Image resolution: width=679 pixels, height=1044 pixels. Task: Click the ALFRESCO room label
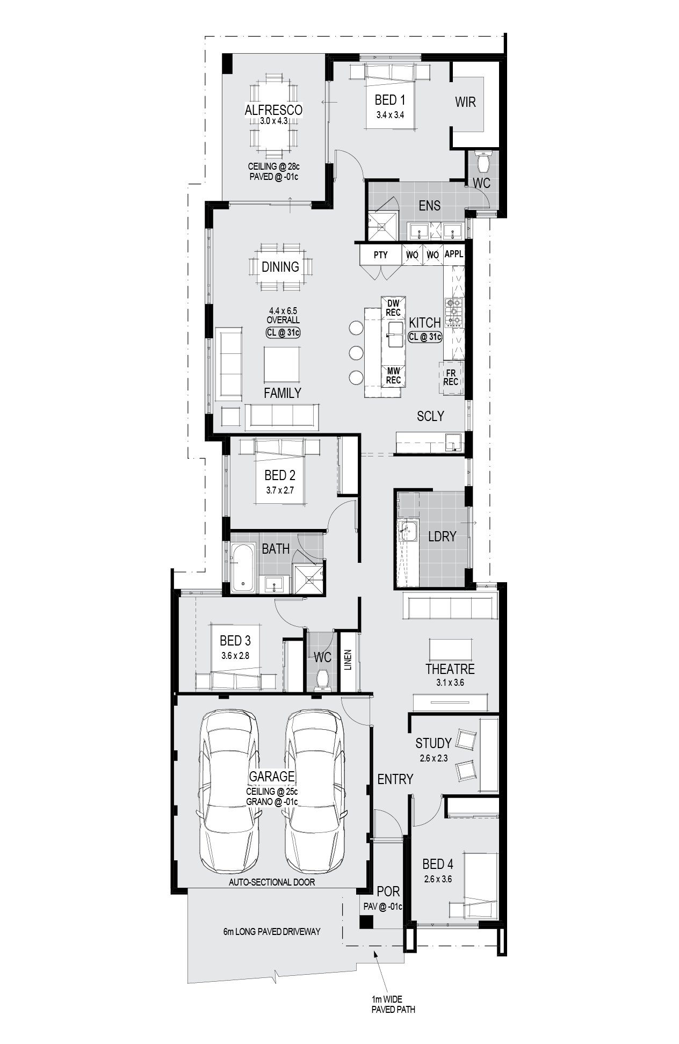[273, 110]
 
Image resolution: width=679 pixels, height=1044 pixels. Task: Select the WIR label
[465, 102]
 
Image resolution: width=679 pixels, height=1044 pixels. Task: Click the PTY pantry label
[380, 255]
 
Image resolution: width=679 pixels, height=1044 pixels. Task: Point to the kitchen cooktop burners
[454, 313]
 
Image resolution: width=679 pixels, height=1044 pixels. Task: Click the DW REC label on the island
[393, 308]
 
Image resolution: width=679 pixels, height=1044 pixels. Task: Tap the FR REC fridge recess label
[451, 378]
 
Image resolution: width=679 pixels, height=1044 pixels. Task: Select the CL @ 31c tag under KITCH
[425, 337]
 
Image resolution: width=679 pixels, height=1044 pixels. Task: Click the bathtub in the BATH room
[243, 568]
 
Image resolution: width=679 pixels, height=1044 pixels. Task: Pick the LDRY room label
[442, 536]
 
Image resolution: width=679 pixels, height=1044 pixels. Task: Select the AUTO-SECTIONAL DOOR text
[272, 882]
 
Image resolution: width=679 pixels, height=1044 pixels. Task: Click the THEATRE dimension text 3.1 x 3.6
[450, 683]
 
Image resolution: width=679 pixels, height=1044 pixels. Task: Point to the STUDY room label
[434, 743]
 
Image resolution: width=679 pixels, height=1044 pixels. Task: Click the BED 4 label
[438, 864]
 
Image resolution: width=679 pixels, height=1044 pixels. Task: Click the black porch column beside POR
[366, 922]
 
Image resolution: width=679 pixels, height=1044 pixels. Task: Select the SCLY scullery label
[430, 416]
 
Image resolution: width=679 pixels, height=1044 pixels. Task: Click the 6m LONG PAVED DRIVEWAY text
[272, 931]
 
